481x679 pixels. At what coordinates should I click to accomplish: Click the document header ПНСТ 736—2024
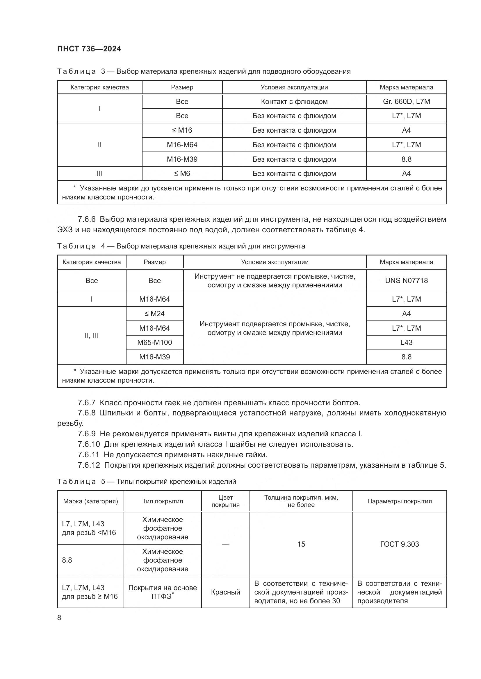(x=89, y=49)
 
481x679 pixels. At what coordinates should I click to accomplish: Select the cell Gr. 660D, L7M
(x=406, y=101)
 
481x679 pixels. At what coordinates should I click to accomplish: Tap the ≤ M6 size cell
(x=182, y=174)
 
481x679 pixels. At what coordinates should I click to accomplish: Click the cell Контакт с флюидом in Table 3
(x=294, y=101)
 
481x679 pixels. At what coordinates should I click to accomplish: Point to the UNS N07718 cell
(x=406, y=280)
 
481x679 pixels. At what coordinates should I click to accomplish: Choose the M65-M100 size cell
(x=154, y=343)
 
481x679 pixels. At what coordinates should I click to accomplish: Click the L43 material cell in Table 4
(x=406, y=343)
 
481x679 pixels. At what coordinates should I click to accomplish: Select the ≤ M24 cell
(x=154, y=314)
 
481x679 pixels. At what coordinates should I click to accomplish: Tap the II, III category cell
(x=92, y=335)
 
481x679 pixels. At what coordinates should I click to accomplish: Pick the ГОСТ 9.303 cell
(x=399, y=544)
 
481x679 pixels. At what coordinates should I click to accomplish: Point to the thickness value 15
(x=301, y=544)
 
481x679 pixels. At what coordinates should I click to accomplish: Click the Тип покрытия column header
(x=162, y=501)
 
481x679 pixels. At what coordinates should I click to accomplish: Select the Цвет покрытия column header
(x=225, y=501)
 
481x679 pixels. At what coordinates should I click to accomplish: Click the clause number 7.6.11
(x=88, y=455)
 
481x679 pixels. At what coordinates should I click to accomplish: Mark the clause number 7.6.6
(x=86, y=219)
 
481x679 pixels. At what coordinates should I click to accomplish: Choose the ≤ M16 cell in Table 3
(x=182, y=130)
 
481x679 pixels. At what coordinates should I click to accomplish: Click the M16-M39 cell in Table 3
(x=182, y=159)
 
